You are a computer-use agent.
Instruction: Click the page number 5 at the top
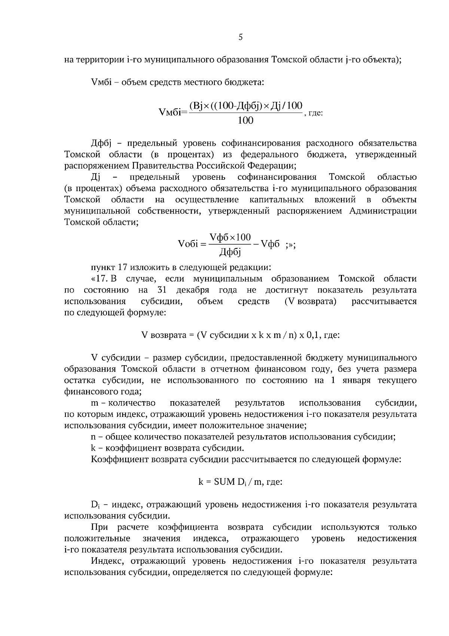click(x=241, y=37)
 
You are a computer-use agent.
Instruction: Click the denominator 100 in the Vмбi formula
click(x=245, y=120)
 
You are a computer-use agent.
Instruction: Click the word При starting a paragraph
click(x=100, y=527)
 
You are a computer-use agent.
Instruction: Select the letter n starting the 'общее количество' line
click(x=94, y=437)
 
